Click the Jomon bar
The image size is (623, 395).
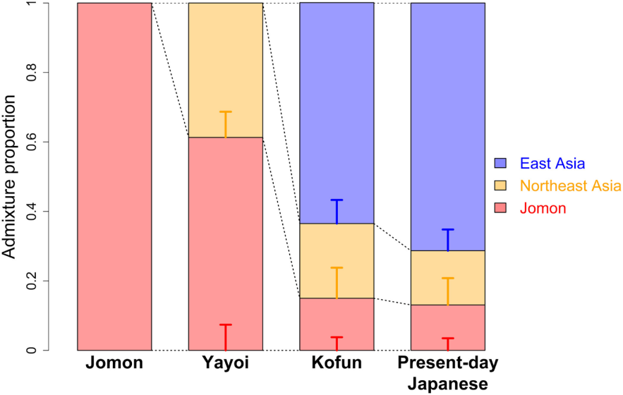(x=114, y=176)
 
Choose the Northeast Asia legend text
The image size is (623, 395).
(x=570, y=186)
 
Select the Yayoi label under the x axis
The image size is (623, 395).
(x=225, y=364)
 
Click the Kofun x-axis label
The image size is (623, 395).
(x=337, y=364)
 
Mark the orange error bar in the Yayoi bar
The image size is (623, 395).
(x=225, y=123)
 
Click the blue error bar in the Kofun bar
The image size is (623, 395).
(x=337, y=211)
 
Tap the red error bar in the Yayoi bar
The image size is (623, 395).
(x=225, y=336)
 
